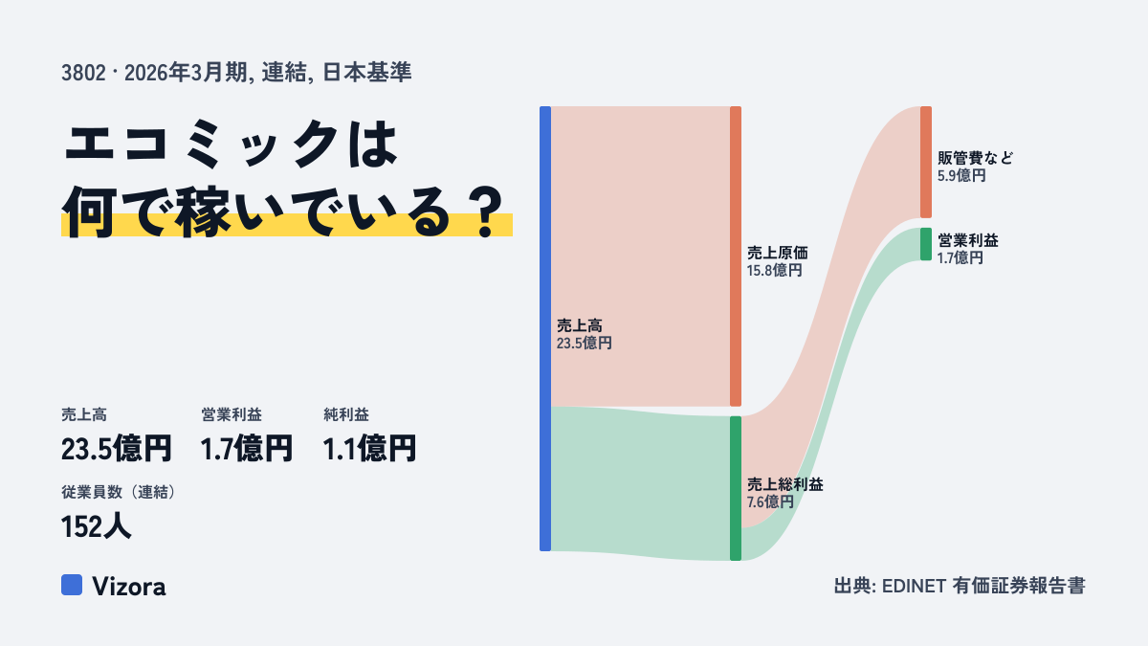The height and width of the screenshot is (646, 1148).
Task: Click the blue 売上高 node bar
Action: tap(545, 328)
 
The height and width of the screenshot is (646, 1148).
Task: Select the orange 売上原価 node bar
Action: tap(736, 256)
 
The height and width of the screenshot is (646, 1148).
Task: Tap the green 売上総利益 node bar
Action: tap(736, 488)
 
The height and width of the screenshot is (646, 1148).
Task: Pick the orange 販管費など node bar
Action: tap(926, 162)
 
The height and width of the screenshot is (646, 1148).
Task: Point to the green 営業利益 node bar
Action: tap(926, 244)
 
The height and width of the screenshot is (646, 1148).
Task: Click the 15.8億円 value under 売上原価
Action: tap(774, 270)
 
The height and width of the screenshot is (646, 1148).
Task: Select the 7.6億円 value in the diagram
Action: tap(770, 501)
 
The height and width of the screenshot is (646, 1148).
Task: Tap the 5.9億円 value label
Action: tap(961, 175)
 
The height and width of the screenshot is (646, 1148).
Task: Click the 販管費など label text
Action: tap(975, 157)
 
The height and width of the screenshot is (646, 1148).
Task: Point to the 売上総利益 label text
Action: tap(784, 484)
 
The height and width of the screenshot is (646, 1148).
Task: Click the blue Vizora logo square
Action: tap(72, 585)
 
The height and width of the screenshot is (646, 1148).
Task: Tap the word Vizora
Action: tap(129, 587)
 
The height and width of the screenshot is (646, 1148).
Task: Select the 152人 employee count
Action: tap(97, 526)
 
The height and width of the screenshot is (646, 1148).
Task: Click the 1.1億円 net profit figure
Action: tap(369, 448)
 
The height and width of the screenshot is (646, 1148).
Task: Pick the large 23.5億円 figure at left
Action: tap(117, 448)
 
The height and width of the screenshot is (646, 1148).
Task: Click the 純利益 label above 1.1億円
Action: tap(346, 414)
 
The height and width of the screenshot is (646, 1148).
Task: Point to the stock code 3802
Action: tap(83, 73)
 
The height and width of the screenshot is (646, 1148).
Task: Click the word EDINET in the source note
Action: tap(914, 586)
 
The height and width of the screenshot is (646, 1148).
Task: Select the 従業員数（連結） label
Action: tap(118, 492)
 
